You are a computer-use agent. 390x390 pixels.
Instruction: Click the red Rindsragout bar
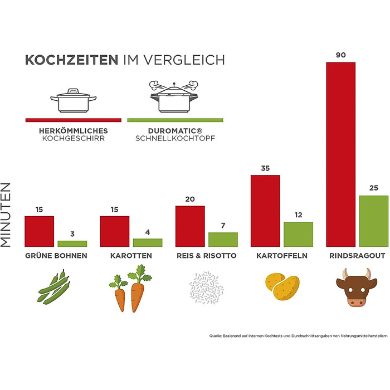pos(340,154)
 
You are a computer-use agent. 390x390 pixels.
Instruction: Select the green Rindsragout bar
pos(373,221)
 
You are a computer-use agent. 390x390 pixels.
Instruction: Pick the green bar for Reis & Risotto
pos(223,240)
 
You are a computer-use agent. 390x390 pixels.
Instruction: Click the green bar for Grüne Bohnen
pos(72,243)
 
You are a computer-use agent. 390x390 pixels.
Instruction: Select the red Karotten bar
pos(115,231)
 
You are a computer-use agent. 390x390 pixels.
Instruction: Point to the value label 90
pos(340,55)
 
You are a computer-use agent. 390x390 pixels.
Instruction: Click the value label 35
pos(265,168)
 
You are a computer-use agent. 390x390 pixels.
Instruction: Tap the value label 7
pos(223,226)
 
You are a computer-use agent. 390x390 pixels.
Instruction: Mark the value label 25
pos(373,188)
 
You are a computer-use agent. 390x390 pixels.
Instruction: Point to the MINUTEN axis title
pos(8,216)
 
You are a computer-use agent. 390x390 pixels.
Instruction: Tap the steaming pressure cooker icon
pos(175,97)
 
